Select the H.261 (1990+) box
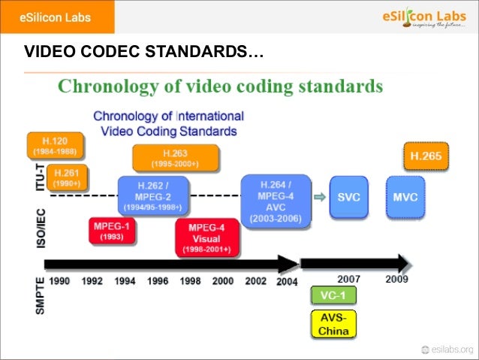pyautogui.click(x=67, y=177)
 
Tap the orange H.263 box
pyautogui.click(x=176, y=158)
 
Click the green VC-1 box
pyautogui.click(x=333, y=295)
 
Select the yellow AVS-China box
pyautogui.click(x=333, y=324)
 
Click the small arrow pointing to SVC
pyautogui.click(x=319, y=198)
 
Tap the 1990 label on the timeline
pyautogui.click(x=60, y=280)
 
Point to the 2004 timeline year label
pyautogui.click(x=286, y=281)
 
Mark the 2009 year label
pyautogui.click(x=397, y=280)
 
